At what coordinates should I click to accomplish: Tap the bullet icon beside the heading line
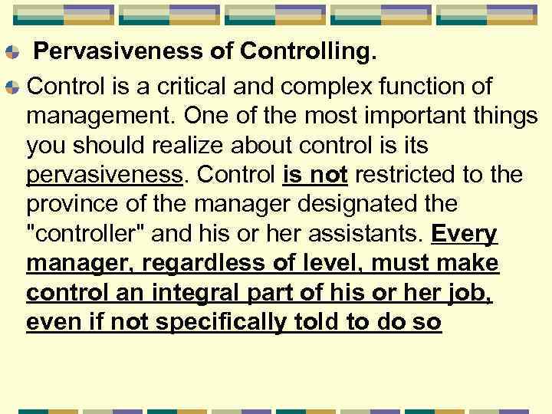pos(12,54)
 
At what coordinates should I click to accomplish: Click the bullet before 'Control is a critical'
pos(12,85)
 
